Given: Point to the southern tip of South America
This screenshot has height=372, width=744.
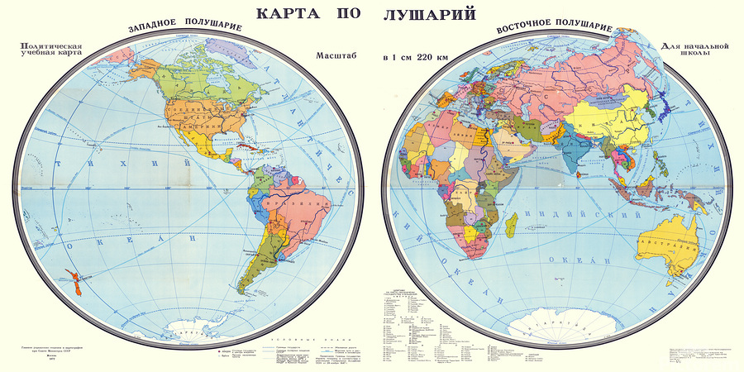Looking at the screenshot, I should (249, 292).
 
